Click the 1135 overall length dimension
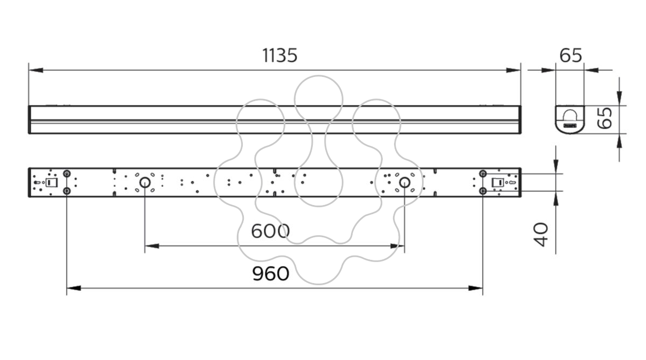(280, 55)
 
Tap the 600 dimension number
(270, 231)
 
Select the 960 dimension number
(270, 273)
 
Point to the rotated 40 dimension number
(540, 234)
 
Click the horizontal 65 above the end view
(571, 55)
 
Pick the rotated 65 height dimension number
(604, 118)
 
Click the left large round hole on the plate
(145, 182)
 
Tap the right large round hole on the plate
(405, 182)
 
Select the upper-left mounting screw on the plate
(67, 173)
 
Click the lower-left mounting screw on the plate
(67, 191)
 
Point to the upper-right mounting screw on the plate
(483, 173)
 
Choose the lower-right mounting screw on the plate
(483, 191)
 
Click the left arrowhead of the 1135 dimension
(36, 70)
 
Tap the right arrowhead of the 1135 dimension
(514, 70)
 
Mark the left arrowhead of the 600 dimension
(152, 246)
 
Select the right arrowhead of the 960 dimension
(475, 288)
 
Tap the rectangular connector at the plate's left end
(52, 182)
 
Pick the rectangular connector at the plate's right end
(498, 182)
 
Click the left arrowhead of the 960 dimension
(74, 288)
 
